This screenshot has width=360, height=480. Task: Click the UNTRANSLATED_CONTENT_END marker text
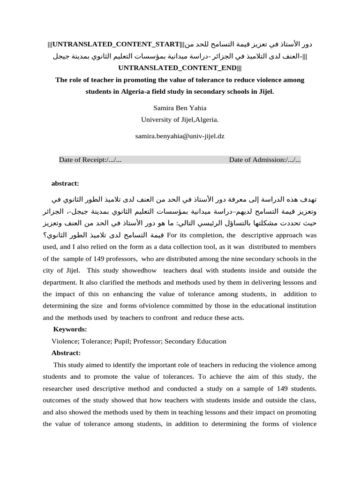[x=180, y=68]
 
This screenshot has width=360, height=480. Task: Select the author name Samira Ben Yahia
[x=180, y=108]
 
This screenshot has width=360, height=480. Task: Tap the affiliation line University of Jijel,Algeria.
[x=180, y=120]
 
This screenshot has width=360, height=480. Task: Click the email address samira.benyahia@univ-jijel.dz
[x=180, y=136]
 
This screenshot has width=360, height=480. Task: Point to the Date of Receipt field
[x=90, y=160]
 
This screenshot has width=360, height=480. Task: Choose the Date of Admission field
[x=265, y=160]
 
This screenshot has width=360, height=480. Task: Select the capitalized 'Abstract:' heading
[x=66, y=353]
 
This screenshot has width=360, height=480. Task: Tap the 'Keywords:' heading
[x=70, y=330]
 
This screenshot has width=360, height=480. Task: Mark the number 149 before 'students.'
[x=273, y=388]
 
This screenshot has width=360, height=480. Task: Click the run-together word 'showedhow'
[x=141, y=270]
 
